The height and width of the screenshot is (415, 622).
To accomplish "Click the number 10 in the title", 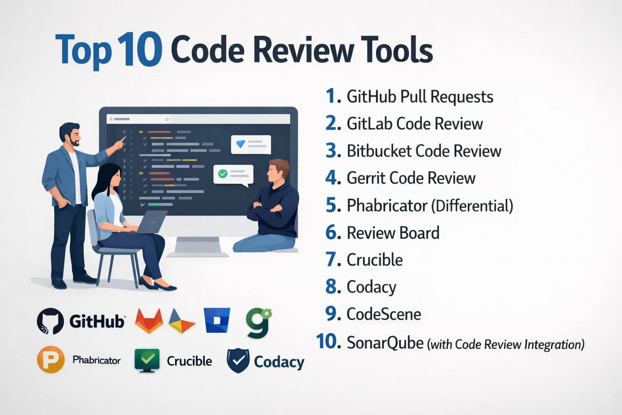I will point(140,50).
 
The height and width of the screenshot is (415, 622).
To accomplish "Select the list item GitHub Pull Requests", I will point(420,97).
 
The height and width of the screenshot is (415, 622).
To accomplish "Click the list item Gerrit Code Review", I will point(411,178).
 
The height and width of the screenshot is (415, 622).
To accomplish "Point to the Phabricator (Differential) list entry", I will point(430,206).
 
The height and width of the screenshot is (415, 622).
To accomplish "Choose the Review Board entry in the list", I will point(393,233).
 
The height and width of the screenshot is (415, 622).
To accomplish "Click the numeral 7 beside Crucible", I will point(331,260).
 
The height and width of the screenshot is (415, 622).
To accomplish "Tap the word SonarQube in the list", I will point(385,343).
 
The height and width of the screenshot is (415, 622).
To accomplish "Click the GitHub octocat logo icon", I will point(50,321).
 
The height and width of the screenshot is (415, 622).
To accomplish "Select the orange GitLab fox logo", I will point(149,321).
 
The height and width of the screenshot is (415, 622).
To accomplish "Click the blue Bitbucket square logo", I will point(217,320).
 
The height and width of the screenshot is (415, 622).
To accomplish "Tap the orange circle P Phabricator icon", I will point(51,359).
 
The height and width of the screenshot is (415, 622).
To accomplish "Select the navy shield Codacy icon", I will point(238,360).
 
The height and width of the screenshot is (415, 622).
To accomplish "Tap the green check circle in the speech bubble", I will point(223,173).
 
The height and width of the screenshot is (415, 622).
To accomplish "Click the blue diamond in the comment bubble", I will point(241,143).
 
